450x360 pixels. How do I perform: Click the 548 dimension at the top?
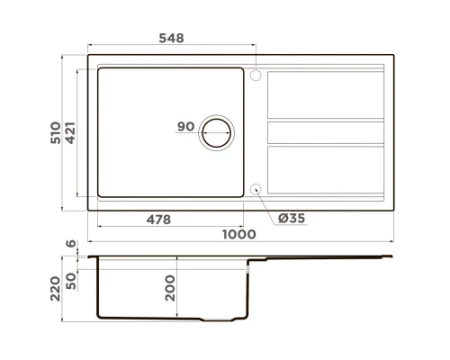[x=170, y=38]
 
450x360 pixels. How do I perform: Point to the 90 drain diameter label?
[x=186, y=128]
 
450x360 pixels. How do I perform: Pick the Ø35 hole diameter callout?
[x=292, y=219]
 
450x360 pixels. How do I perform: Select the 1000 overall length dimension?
[x=241, y=234]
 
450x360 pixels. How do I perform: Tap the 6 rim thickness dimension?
[x=69, y=244]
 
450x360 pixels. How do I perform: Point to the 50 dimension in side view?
[x=69, y=274]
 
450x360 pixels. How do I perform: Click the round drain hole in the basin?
[x=217, y=132]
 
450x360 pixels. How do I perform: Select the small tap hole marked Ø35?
[x=255, y=189]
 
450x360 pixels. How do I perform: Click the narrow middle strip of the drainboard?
[x=326, y=132]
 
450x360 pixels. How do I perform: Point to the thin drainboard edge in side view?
[x=333, y=258]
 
